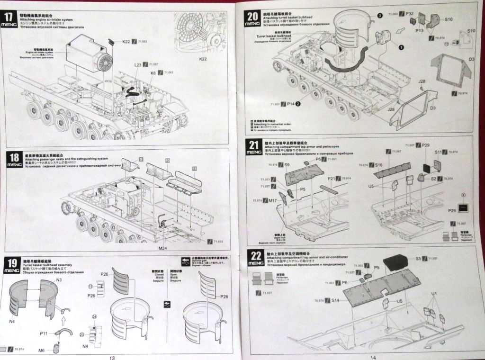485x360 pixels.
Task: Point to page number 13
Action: [x=112, y=357]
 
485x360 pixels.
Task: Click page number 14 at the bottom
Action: [x=373, y=357]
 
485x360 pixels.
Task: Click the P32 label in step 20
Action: [x=410, y=14]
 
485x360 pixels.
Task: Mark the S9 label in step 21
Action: [x=287, y=164]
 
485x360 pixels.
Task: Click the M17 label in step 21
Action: [x=272, y=201]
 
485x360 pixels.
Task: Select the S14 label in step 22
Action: [x=335, y=300]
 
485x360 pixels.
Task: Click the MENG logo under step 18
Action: [x=14, y=164]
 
